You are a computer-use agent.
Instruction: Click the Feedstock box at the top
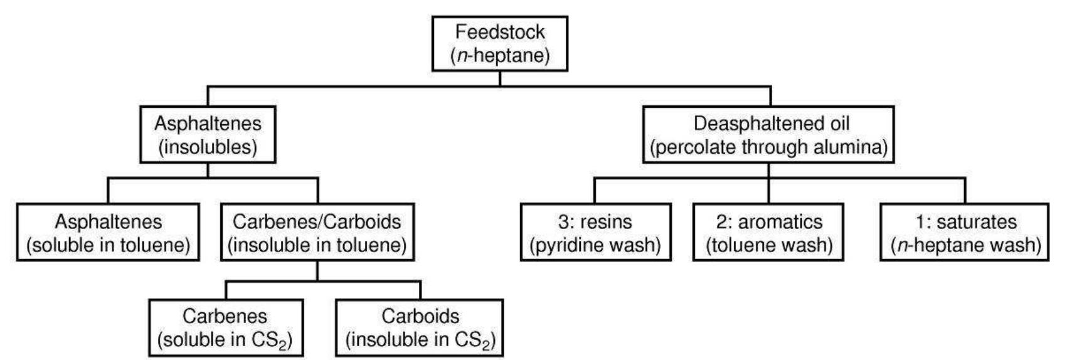(x=499, y=43)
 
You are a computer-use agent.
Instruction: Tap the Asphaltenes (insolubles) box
(x=208, y=135)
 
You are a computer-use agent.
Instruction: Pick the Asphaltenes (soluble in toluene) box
(x=108, y=232)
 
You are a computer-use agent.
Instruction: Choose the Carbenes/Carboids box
(x=317, y=232)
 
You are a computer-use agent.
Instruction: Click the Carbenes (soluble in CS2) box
(x=225, y=327)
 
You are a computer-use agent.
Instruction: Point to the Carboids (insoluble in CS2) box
(x=420, y=327)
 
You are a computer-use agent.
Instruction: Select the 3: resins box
(x=595, y=232)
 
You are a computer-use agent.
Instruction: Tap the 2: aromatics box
(x=768, y=232)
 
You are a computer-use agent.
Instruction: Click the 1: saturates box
(x=965, y=232)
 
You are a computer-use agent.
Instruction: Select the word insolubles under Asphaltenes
(x=208, y=147)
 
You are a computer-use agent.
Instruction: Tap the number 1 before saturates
(x=920, y=221)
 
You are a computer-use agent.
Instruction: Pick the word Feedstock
(x=500, y=31)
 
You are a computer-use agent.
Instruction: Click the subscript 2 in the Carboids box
(x=486, y=344)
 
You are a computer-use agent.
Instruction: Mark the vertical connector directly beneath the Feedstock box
(x=499, y=78)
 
